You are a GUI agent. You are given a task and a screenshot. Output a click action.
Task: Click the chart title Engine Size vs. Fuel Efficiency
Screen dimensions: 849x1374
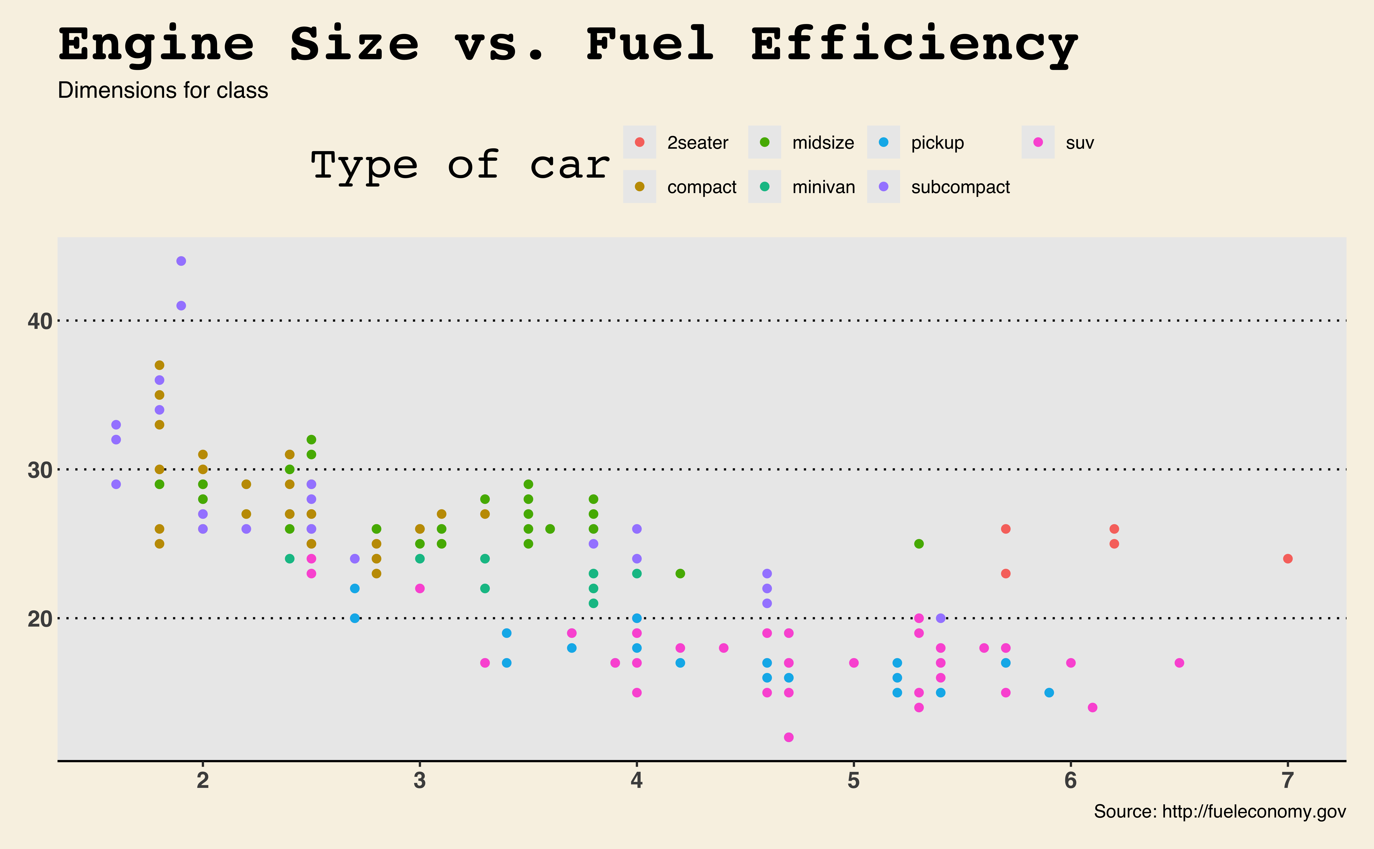pyautogui.click(x=567, y=45)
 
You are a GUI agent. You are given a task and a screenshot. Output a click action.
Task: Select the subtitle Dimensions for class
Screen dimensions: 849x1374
pyautogui.click(x=163, y=90)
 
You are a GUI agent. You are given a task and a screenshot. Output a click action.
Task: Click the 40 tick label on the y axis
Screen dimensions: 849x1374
pyautogui.click(x=39, y=321)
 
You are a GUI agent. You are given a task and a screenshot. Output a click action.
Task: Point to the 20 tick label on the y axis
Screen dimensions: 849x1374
pyautogui.click(x=39, y=619)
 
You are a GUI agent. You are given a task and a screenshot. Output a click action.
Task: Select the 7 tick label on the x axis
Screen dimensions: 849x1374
pyautogui.click(x=1288, y=780)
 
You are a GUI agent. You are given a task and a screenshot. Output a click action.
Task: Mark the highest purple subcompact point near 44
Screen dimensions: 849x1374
pyautogui.click(x=181, y=261)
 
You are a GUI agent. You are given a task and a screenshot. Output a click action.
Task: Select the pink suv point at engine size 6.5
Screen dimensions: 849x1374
pyautogui.click(x=1179, y=663)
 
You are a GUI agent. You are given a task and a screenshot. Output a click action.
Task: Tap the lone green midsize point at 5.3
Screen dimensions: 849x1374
pyautogui.click(x=919, y=544)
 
